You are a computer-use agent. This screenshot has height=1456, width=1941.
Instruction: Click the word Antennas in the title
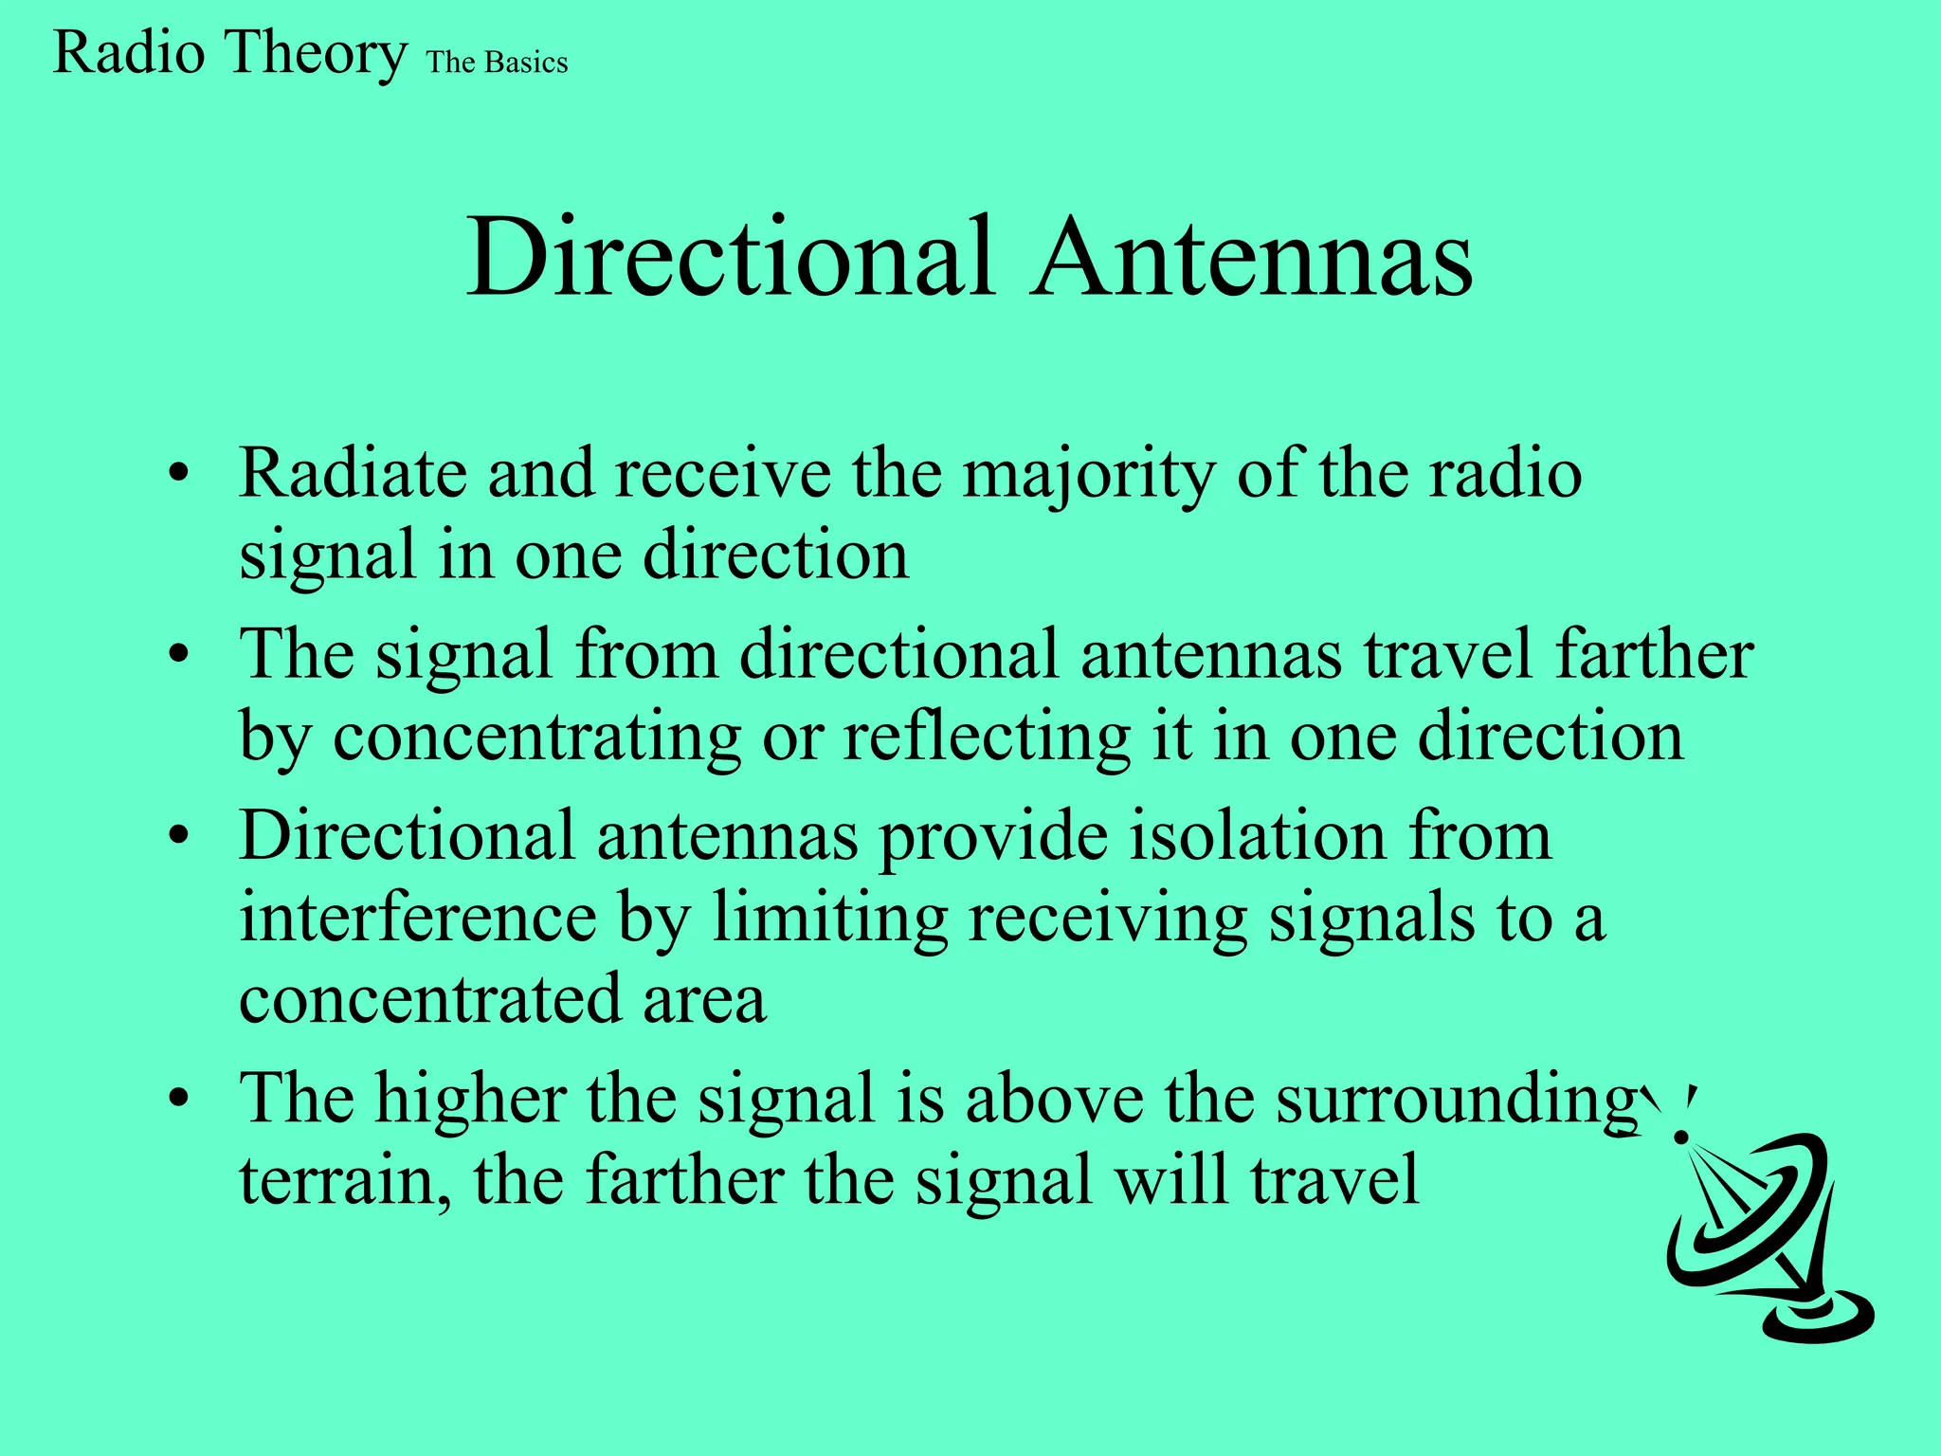[x=1253, y=258]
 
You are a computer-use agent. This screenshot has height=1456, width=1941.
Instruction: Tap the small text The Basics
[x=497, y=63]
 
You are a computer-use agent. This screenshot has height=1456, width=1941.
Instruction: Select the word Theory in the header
[x=315, y=53]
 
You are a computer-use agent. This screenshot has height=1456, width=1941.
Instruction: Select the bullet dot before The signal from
[x=179, y=655]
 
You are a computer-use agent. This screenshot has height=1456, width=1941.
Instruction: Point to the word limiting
[x=829, y=919]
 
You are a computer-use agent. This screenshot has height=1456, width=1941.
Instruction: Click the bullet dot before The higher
[x=179, y=1100]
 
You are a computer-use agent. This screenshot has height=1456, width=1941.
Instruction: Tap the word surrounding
[x=1455, y=1101]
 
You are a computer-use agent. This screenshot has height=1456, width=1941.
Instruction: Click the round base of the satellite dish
[x=1818, y=1316]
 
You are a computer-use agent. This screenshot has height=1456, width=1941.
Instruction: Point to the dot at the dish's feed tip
[x=1682, y=1135]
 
